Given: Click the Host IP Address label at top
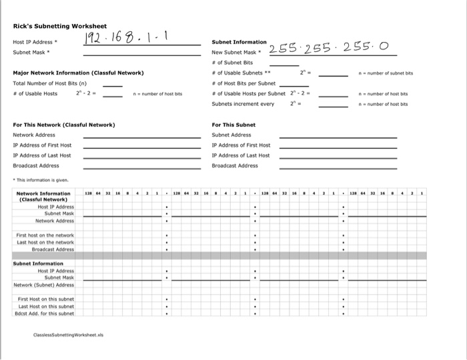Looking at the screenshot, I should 33,42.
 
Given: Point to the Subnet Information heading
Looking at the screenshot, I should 239,42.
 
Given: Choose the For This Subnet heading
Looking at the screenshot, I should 233,125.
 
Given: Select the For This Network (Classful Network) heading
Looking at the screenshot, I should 64,125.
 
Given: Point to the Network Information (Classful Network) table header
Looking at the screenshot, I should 43,197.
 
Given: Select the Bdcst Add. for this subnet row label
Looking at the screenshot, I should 44,313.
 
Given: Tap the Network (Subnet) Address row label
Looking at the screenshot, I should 44,285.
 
